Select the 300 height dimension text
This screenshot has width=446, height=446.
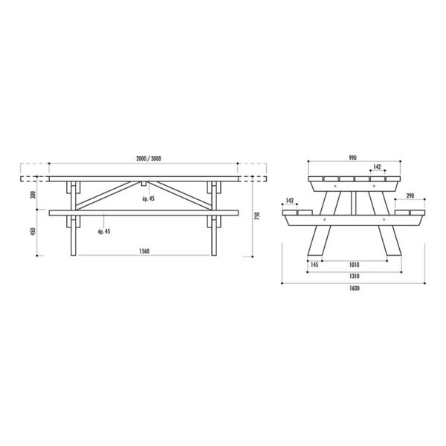23,195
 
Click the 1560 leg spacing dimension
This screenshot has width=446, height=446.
145,251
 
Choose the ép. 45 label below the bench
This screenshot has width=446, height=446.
103,231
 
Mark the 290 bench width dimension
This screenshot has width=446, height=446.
410,195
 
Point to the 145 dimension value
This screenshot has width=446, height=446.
315,264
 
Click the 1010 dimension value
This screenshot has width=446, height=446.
354,264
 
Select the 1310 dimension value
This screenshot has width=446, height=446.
354,276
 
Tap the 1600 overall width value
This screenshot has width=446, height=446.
354,288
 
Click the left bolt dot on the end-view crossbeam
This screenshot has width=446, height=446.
326,220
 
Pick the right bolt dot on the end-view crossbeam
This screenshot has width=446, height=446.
384,220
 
